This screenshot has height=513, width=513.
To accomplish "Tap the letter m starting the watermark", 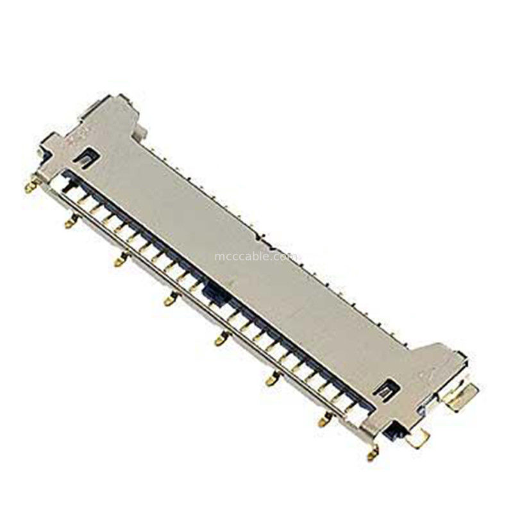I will tap(218, 258).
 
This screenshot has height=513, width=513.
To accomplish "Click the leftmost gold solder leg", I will tap(29, 188).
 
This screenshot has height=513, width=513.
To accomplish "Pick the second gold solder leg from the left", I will tap(69, 223).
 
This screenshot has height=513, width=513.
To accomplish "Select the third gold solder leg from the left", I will tap(119, 261).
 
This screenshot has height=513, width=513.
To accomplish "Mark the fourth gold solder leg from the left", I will tap(169, 299).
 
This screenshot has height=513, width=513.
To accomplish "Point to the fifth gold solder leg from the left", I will tap(219, 340).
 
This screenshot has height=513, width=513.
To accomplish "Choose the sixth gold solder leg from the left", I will tap(269, 381).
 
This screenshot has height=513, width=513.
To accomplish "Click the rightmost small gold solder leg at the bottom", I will tap(371, 455).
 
